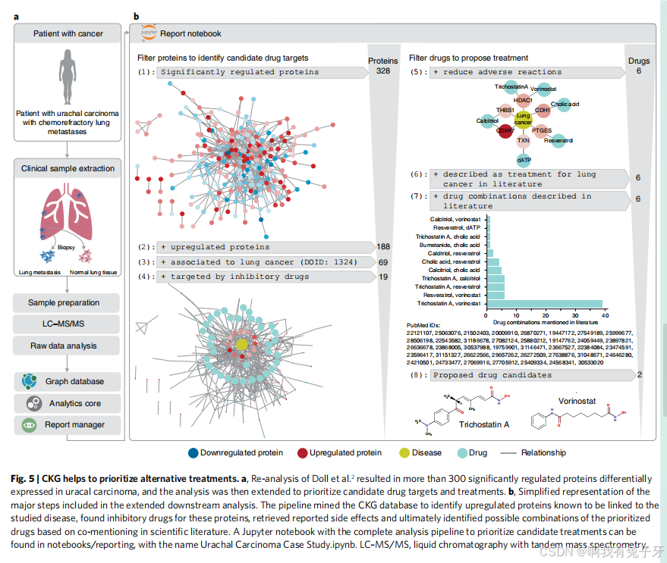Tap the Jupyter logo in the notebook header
pos(149,33)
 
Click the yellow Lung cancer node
pos(524,118)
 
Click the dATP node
pos(524,160)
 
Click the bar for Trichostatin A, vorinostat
pos(545,303)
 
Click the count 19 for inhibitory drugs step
pos(382,277)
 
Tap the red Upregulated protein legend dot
pos(303,453)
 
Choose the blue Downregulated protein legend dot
pos(193,453)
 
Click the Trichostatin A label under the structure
pos(483,424)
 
